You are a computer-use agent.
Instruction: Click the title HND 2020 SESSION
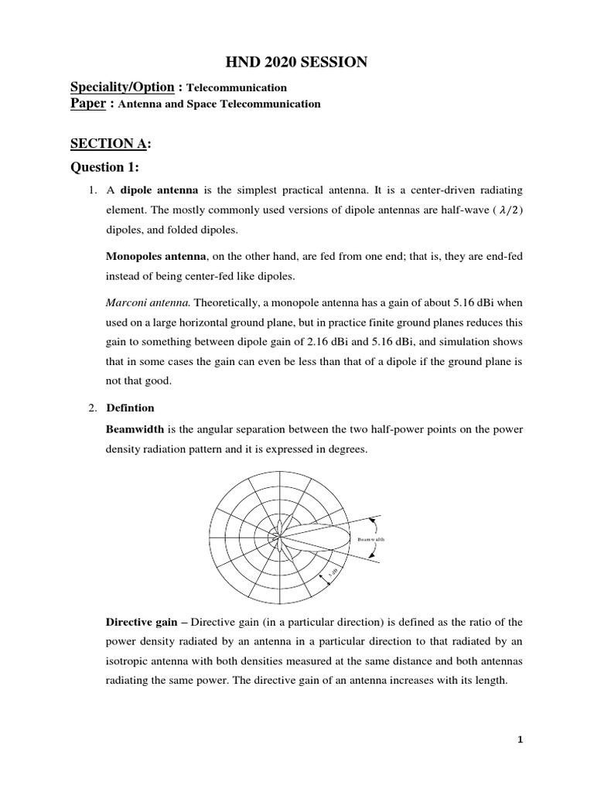pyautogui.click(x=296, y=62)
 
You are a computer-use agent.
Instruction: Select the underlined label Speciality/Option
pyautogui.click(x=121, y=87)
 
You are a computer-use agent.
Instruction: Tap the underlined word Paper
pyautogui.click(x=87, y=103)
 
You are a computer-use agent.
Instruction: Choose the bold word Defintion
pyautogui.click(x=129, y=408)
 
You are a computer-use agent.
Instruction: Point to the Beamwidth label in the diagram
pyautogui.click(x=370, y=538)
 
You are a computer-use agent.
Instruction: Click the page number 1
pyautogui.click(x=521, y=739)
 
